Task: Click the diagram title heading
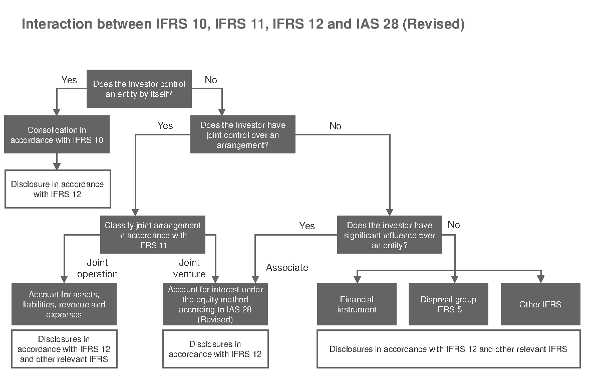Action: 243,24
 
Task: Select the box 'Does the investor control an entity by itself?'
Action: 139,89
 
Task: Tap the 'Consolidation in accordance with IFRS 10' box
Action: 57,135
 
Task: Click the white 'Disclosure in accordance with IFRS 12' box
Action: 58,189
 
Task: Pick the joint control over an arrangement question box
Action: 242,135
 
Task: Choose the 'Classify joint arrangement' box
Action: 153,235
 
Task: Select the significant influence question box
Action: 389,235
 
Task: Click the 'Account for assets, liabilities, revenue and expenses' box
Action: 64,304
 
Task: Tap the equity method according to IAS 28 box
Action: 215,304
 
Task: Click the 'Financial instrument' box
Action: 357,304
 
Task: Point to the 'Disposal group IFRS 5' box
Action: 448,304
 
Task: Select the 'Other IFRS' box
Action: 540,304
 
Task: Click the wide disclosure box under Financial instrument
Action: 448,349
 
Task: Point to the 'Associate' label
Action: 287,267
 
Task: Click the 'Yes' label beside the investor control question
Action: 69,80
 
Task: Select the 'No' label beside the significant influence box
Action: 453,225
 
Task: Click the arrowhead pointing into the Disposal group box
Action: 455,279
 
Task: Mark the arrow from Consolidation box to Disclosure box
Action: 57,161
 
